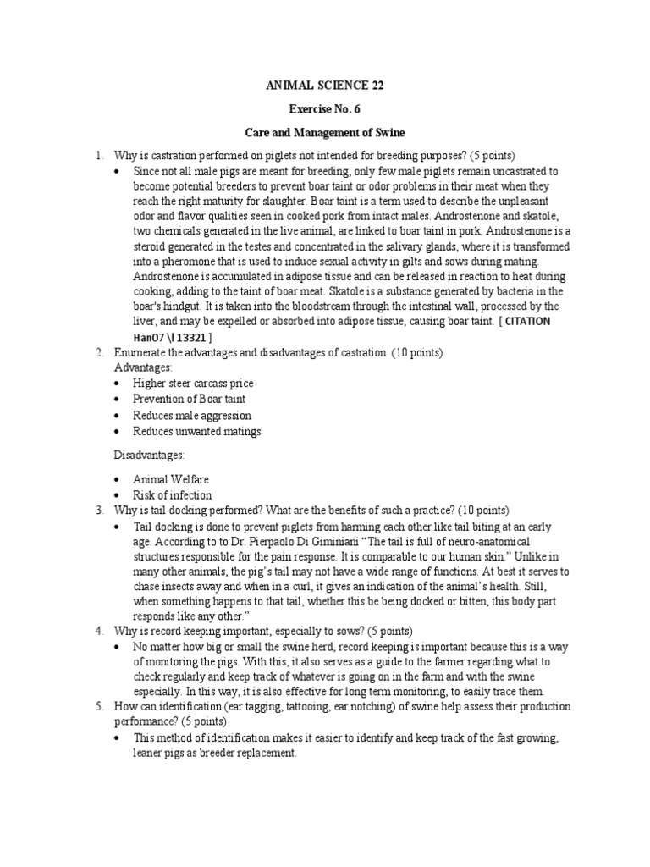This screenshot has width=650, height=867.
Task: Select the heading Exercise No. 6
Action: click(x=324, y=110)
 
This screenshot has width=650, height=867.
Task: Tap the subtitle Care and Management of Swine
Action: click(x=325, y=133)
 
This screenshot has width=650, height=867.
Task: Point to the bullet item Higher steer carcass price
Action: click(x=193, y=383)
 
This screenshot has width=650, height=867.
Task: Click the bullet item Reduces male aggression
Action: click(x=192, y=415)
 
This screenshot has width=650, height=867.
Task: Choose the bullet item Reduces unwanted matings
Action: click(x=197, y=431)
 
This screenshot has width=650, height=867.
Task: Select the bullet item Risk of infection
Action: click(x=173, y=494)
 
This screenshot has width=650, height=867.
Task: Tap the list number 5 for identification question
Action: click(x=98, y=706)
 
